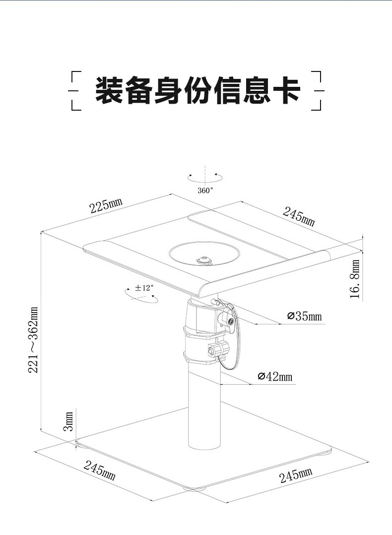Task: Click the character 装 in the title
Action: (x=110, y=90)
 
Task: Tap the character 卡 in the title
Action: (x=286, y=90)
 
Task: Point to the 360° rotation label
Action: (x=205, y=190)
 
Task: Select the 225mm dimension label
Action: (x=106, y=205)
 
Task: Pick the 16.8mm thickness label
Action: (x=355, y=279)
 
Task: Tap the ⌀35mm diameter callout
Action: (x=304, y=316)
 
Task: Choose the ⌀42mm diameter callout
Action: (x=275, y=377)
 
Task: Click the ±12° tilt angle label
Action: (x=144, y=287)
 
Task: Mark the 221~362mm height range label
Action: (x=33, y=339)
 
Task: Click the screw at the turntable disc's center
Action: (x=203, y=260)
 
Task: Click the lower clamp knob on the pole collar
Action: (x=216, y=350)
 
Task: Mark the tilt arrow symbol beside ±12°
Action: (x=140, y=296)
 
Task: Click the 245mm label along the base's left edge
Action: (x=99, y=470)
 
